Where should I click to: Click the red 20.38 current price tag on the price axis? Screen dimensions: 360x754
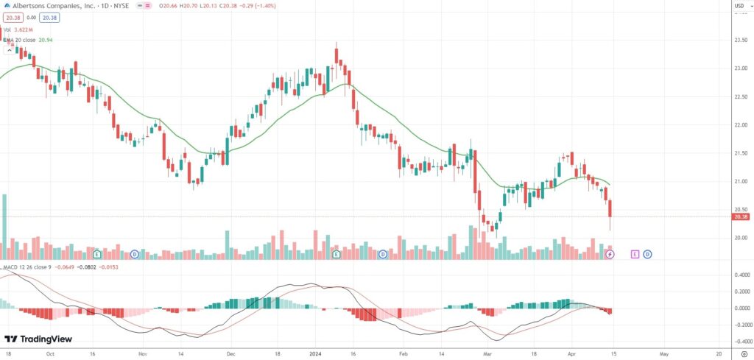(x=741, y=217)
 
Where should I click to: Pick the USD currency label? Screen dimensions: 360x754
(x=739, y=8)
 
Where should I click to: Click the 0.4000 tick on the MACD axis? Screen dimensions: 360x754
(x=741, y=275)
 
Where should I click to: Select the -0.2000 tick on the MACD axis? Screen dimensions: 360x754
(x=740, y=325)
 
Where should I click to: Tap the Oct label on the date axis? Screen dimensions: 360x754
(x=49, y=353)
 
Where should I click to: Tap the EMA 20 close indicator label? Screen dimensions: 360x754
(x=22, y=39)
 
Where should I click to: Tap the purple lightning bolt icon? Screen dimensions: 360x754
(x=610, y=255)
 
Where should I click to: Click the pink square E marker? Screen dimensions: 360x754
(x=635, y=255)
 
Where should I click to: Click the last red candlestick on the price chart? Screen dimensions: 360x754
(x=610, y=208)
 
